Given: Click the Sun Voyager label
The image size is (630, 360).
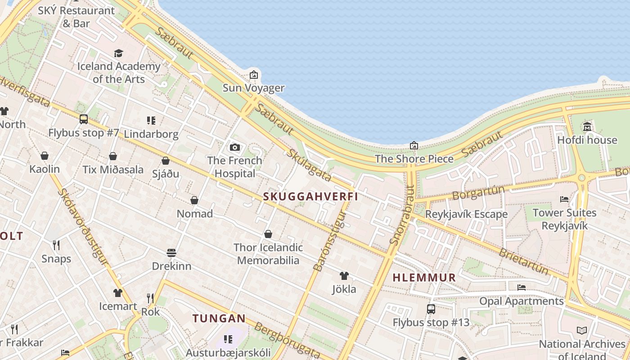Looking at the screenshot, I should tap(254, 88).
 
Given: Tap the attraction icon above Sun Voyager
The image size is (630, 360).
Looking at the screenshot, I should tap(254, 74).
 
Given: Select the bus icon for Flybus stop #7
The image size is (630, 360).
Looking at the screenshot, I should tap(84, 119).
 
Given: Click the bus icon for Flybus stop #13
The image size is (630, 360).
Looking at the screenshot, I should tap(431, 309).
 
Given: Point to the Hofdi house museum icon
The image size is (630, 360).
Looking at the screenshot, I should tap(587, 126).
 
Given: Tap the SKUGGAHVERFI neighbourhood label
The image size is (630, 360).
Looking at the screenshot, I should tap(310, 197).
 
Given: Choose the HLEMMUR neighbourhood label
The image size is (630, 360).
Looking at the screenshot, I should tap(424, 278).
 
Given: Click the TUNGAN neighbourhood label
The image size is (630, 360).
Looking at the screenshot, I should tap(219, 319).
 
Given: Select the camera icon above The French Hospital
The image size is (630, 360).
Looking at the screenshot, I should tap(234, 147).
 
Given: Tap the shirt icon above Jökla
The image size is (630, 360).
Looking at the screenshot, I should tap(344, 275).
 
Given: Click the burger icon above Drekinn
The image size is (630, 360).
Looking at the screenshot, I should tap(171, 252).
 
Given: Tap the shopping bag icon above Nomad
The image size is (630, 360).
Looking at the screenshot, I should tap(194, 200).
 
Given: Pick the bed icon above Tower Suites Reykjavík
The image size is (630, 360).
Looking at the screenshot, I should tap(564, 199).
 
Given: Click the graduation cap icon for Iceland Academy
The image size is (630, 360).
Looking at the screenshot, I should tap(118, 54).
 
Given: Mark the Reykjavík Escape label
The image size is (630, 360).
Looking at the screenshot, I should tap(466, 214).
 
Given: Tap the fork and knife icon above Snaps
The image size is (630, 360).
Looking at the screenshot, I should tap(56, 245).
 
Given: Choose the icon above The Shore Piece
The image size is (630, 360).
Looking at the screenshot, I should tap(414, 145).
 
